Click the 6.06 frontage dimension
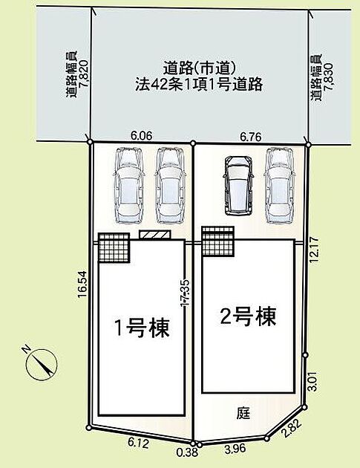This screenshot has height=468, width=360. click(141, 136)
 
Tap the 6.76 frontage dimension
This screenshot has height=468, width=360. click(251, 137)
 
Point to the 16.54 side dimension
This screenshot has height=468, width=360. click(82, 284)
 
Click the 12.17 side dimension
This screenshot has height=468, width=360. click(315, 249)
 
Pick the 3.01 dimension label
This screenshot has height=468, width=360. click(315, 381)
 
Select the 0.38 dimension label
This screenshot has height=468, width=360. click(187, 452)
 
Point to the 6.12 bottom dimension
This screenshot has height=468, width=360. click(138, 443)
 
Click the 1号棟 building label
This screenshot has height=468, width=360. click(142, 328)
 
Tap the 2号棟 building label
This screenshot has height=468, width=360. click(248, 316)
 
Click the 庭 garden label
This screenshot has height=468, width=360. click(243, 414)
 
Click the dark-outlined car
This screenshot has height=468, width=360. click(238, 186)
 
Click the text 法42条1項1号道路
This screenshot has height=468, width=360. click(199, 84)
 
